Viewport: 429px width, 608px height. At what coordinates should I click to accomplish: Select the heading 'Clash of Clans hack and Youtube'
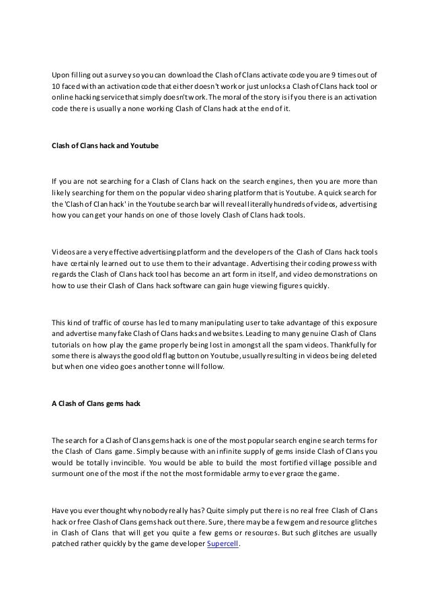point(105,145)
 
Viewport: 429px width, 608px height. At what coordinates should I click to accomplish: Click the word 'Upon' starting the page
point(62,75)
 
